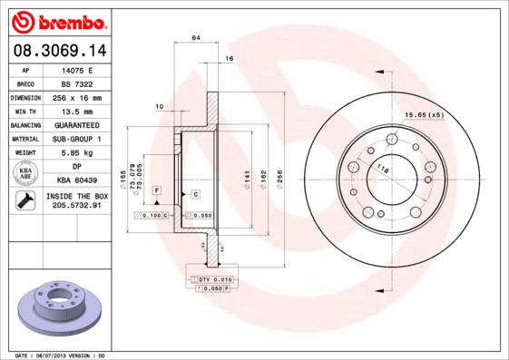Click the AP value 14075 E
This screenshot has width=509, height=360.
[77, 69]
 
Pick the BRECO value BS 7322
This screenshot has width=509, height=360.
[77, 83]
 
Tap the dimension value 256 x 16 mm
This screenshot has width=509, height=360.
[77, 97]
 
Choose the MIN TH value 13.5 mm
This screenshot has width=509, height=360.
[77, 111]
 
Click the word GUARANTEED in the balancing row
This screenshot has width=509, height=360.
[77, 125]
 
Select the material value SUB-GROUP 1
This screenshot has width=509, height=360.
[77, 139]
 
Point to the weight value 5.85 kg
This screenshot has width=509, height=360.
[77, 153]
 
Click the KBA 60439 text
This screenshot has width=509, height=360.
[77, 180]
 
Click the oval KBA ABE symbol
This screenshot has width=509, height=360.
[25, 173]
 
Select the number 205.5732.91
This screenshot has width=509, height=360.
[77, 207]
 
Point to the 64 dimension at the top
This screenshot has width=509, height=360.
[195, 37]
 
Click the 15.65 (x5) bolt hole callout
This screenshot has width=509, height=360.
[424, 115]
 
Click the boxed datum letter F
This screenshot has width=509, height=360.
[157, 189]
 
